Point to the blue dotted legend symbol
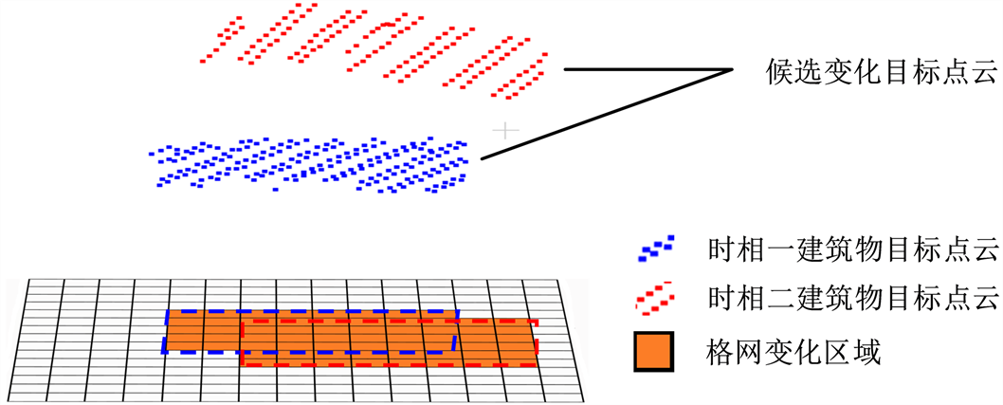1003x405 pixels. [656, 250]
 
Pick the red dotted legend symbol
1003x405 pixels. [656, 300]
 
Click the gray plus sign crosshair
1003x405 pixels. [508, 129]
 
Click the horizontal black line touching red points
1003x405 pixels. [645, 69]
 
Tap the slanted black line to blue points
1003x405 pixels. [607, 114]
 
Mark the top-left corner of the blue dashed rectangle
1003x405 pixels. [170, 310]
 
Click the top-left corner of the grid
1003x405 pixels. [29, 280]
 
